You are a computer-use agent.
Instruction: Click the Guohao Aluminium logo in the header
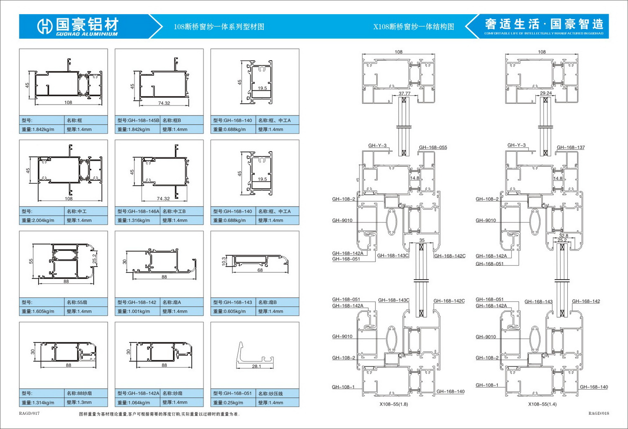pyautogui.click(x=78, y=26)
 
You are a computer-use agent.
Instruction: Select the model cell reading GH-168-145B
pyautogui.click(x=138, y=121)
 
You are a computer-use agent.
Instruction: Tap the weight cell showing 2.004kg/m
pyautogui.click(x=38, y=221)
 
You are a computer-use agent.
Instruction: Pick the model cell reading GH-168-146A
pyautogui.click(x=138, y=211)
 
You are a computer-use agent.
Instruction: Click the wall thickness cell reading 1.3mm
pyautogui.click(x=79, y=403)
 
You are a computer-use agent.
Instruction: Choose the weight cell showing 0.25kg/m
pyautogui.click(x=228, y=403)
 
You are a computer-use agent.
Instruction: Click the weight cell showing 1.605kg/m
pyautogui.click(x=38, y=311)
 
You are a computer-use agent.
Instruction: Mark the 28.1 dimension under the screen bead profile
pyautogui.click(x=256, y=367)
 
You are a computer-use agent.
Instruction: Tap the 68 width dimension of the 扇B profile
pyautogui.click(x=260, y=270)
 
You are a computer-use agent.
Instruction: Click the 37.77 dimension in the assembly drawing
pyautogui.click(x=404, y=94)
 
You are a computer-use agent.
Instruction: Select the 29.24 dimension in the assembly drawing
pyautogui.click(x=546, y=93)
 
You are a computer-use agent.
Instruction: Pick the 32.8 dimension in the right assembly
pyautogui.click(x=563, y=236)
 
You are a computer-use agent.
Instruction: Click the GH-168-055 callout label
pyautogui.click(x=433, y=147)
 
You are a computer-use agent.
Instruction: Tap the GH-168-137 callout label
pyautogui.click(x=571, y=147)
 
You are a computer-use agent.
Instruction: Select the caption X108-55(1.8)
pyautogui.click(x=394, y=404)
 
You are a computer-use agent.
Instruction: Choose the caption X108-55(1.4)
pyautogui.click(x=542, y=404)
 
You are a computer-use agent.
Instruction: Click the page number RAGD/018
pyautogui.click(x=599, y=414)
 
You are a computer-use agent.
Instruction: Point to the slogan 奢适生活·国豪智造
pyautogui.click(x=544, y=24)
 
